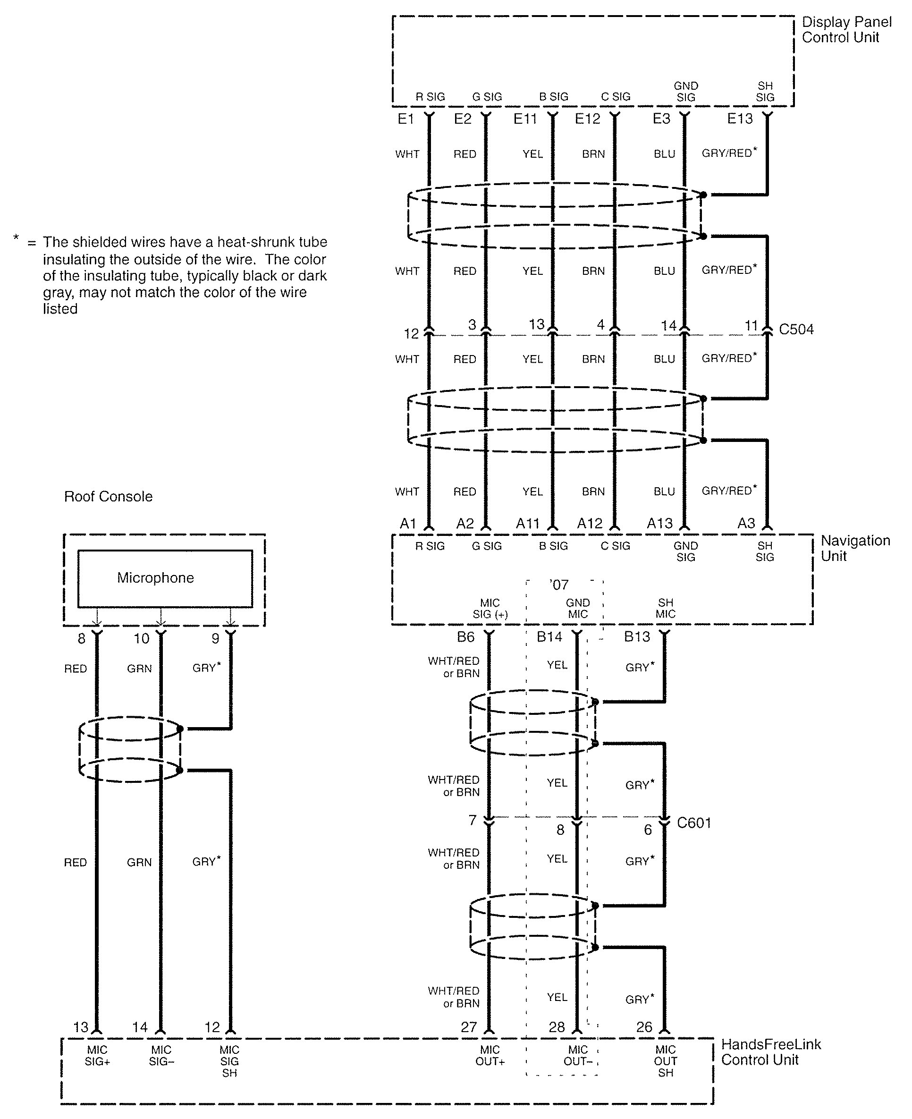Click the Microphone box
pos(165,578)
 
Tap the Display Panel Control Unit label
pos(846,29)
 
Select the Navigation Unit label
pos(855,548)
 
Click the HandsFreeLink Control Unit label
pos(771,1052)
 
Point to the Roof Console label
pos(108,496)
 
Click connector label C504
pos(796,330)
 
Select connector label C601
pos(694,822)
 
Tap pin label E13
pos(740,119)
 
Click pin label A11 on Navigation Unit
pos(527,524)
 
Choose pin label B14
pos(549,637)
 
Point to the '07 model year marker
pos(559,585)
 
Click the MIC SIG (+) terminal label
pos(490,608)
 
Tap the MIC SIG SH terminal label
pos(229,1061)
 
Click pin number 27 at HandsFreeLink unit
pos(469,1027)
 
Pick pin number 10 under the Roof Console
pos(141,638)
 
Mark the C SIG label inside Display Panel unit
pos(615,97)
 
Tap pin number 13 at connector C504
pos(536,324)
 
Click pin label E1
pos(405,119)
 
